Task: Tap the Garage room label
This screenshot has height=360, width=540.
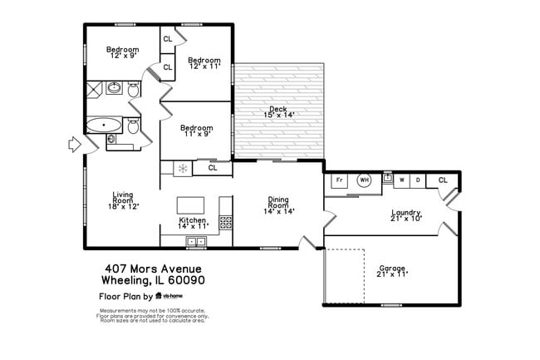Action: (393, 270)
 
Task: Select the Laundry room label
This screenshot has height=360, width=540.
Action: (405, 215)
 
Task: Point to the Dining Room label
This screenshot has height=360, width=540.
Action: (277, 204)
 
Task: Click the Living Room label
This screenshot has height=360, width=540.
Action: (123, 200)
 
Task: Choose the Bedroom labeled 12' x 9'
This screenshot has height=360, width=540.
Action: (122, 53)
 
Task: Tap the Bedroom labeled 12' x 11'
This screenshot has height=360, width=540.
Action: (204, 63)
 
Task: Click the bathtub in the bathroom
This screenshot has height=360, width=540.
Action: (103, 126)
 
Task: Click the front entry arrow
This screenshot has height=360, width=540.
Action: (74, 145)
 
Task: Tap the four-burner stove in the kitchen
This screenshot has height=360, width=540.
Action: (225, 222)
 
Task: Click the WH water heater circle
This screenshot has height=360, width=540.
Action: (364, 180)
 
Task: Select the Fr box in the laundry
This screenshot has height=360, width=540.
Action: (339, 180)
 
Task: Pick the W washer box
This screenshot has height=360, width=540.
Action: (403, 180)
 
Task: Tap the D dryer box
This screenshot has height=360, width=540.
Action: (418, 180)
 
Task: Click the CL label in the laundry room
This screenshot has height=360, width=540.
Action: (442, 180)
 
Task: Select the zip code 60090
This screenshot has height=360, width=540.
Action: (187, 280)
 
